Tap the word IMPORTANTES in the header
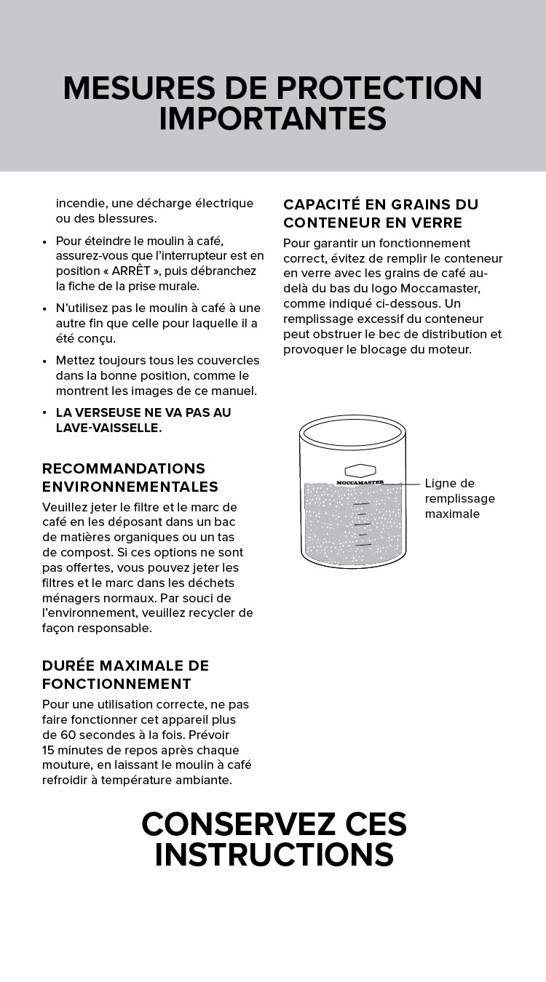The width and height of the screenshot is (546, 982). (x=272, y=119)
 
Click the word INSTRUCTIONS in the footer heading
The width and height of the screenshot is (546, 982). (x=274, y=855)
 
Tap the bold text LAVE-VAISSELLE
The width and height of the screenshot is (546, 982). (x=108, y=428)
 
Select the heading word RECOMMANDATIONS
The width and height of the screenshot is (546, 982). (x=123, y=468)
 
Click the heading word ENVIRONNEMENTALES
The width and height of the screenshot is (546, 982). (x=130, y=487)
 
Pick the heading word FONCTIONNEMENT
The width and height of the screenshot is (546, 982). (x=116, y=684)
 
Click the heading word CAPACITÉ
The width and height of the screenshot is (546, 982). (x=319, y=204)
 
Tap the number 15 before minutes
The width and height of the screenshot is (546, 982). (x=49, y=750)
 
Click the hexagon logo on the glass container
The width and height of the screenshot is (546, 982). (x=360, y=471)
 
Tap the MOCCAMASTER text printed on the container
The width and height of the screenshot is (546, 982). (x=360, y=482)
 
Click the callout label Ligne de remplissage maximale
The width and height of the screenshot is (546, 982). (x=459, y=498)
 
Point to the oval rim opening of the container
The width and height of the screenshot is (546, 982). (x=352, y=432)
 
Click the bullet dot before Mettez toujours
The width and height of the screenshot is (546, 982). (x=46, y=361)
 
